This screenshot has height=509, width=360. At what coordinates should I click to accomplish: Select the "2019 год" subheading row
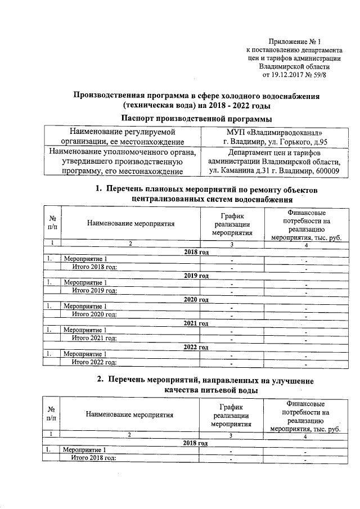coord(196,276)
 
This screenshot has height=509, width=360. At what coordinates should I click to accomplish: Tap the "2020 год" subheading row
coord(196,299)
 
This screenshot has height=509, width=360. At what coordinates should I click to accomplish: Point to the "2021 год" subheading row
coord(196,323)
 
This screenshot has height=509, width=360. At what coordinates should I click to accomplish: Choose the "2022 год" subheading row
coord(196,346)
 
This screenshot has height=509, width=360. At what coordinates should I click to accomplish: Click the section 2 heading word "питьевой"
coord(214,389)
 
